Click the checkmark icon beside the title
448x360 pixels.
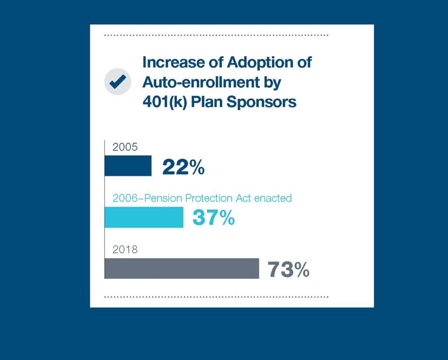pos(118,82)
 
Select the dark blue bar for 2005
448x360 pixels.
pos(128,166)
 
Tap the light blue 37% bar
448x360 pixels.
pos(143,217)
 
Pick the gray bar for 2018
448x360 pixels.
pos(182,268)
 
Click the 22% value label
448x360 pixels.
pos(183,167)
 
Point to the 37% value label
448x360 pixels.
pos(213,218)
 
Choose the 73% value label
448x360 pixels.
pos(288,269)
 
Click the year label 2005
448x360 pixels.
pos(125,147)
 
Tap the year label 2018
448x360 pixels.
pos(125,250)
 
